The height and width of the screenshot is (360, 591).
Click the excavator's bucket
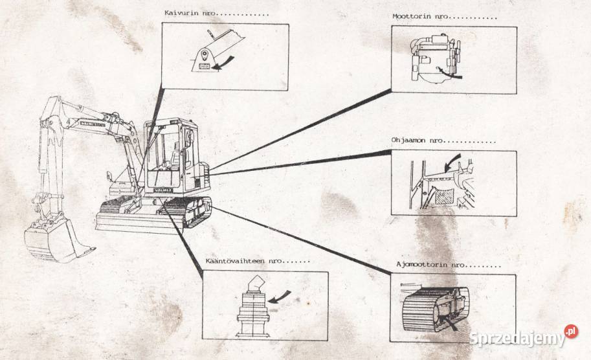point(55,242)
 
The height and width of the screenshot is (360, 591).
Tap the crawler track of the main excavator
point(188,213)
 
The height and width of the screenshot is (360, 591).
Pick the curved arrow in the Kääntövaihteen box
point(280,298)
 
